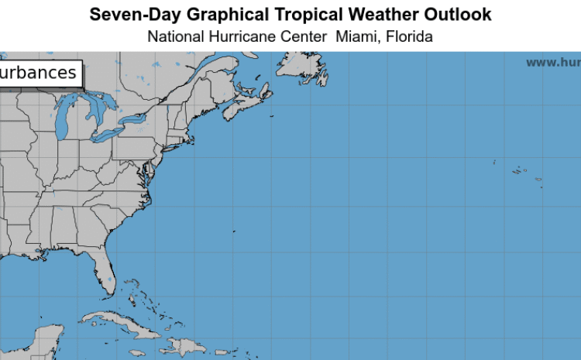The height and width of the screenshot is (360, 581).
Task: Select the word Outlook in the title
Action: (x=460, y=15)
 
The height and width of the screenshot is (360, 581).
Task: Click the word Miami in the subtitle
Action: (x=354, y=36)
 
